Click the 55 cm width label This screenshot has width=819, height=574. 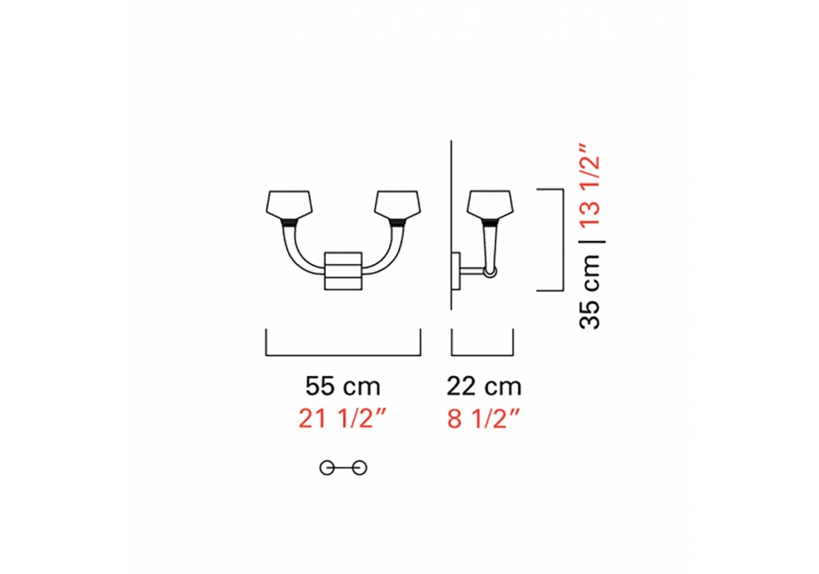click(342, 387)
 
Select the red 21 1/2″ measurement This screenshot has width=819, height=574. click(342, 419)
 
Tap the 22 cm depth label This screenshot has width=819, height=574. click(484, 387)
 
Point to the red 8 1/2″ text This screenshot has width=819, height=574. click(484, 419)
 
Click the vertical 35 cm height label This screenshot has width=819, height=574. click(590, 291)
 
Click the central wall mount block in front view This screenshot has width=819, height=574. click(343, 271)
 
